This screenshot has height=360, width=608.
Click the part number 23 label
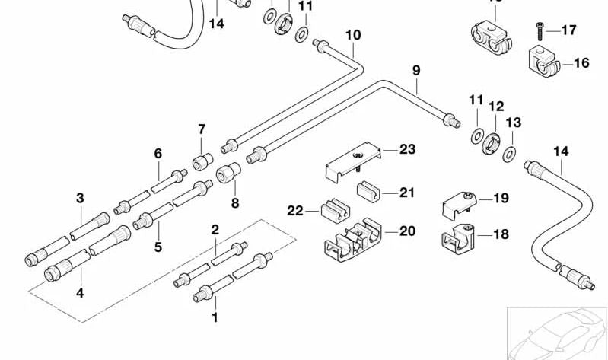pyautogui.click(x=408, y=149)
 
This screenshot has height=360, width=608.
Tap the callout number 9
pyautogui.click(x=416, y=71)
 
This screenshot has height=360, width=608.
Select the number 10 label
pyautogui.click(x=352, y=35)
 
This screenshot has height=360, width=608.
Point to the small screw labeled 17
pyautogui.click(x=539, y=29)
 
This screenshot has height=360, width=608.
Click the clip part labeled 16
pyautogui.click(x=543, y=64)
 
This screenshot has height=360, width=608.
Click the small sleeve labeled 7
pyautogui.click(x=202, y=161)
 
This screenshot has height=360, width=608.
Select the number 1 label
pyautogui.click(x=215, y=317)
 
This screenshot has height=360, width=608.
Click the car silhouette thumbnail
pyautogui.click(x=557, y=332)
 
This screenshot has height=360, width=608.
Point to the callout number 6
pyautogui.click(x=158, y=154)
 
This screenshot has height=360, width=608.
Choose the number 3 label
pyautogui.click(x=80, y=199)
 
